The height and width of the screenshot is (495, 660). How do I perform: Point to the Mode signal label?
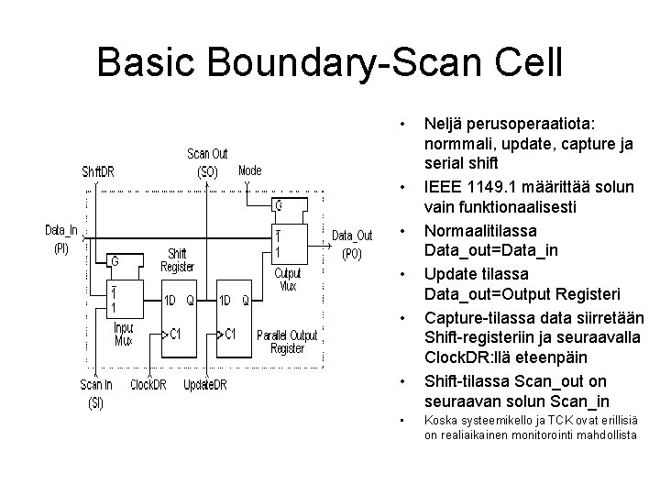coord(249,170)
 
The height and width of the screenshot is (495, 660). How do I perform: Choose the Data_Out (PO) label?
coord(352,244)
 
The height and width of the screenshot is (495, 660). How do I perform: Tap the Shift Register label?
coord(178,260)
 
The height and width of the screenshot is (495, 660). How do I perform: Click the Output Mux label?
coord(289,278)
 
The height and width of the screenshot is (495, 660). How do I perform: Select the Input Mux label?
coord(123,334)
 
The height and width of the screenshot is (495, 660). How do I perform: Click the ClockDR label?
coord(148,385)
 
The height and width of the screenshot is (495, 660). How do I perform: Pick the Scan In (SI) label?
coord(96,393)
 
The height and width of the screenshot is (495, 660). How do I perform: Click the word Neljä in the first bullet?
coord(444,122)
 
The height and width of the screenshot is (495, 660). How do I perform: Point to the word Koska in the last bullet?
coord(439,421)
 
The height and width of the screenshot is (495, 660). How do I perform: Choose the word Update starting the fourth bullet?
coord(448,273)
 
